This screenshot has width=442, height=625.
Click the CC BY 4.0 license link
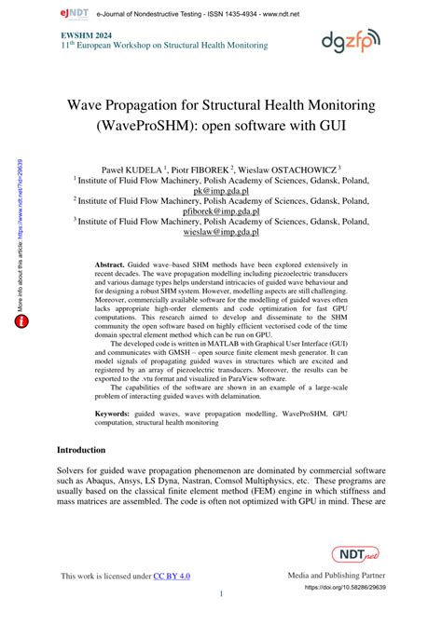point(173,577)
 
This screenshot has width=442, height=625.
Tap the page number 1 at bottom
point(221,595)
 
